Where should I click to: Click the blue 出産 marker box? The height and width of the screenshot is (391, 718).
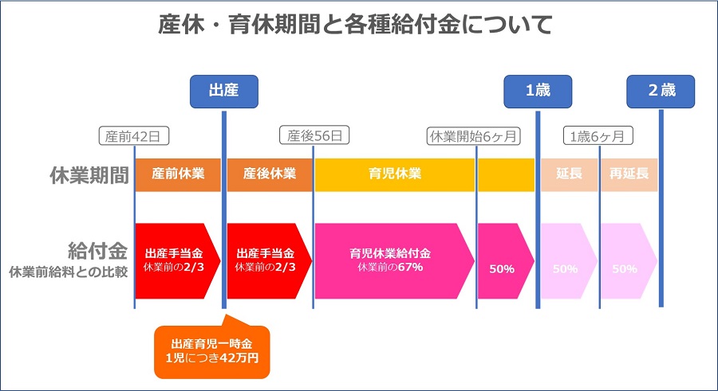224,92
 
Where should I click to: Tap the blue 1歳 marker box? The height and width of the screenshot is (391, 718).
538,92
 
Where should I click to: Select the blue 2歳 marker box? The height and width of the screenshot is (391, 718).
661,92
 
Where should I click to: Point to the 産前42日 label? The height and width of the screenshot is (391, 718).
134,136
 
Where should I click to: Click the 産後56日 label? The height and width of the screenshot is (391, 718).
314,135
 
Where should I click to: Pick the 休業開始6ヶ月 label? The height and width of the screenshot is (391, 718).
473,136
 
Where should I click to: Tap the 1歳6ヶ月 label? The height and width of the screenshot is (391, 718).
598,136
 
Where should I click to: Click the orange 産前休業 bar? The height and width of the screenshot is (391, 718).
178,174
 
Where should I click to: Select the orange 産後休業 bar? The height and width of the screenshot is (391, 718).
270,174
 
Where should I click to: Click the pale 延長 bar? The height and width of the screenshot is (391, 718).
569,174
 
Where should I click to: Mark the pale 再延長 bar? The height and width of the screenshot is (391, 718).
629,174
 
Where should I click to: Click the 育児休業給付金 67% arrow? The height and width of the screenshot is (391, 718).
395,260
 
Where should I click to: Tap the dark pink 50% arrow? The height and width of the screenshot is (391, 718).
506,260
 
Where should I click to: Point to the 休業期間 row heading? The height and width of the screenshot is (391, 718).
89,175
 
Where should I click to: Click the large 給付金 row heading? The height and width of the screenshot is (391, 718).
97,251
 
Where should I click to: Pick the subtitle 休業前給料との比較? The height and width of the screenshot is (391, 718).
69,272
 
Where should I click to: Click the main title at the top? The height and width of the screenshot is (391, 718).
355,24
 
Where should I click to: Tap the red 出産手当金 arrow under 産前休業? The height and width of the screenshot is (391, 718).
178,260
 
